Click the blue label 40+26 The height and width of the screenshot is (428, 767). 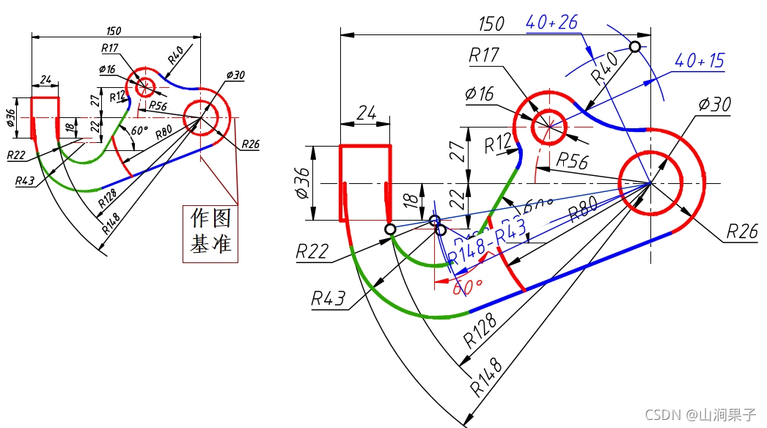point(551,22)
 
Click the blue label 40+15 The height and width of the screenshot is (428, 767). point(699,61)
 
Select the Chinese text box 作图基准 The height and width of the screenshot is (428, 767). point(210,232)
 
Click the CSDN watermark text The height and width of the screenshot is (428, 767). point(700,414)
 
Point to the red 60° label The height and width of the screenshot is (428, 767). point(467,287)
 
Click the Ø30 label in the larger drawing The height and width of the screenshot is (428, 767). point(714,104)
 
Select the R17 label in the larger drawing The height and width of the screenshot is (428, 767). point(483,56)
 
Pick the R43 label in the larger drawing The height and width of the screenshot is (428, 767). point(327,298)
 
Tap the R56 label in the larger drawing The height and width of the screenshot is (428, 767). point(572,162)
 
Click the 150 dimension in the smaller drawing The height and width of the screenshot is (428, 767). point(114,31)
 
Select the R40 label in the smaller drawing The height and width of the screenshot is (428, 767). point(175,56)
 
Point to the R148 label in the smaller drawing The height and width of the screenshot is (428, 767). point(111,219)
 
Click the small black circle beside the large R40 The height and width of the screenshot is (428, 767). point(635,47)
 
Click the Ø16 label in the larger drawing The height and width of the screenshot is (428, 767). point(480,95)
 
